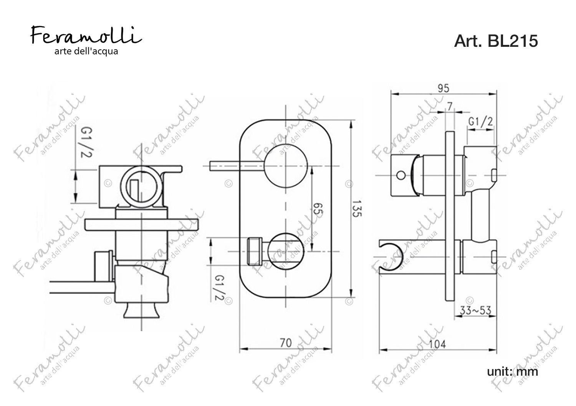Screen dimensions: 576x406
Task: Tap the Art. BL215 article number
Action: [496, 41]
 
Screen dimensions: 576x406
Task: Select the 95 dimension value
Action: [444, 88]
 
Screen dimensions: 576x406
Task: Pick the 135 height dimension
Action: [357, 209]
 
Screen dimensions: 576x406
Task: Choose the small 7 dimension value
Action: [450, 107]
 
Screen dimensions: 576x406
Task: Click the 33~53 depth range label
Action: [475, 311]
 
